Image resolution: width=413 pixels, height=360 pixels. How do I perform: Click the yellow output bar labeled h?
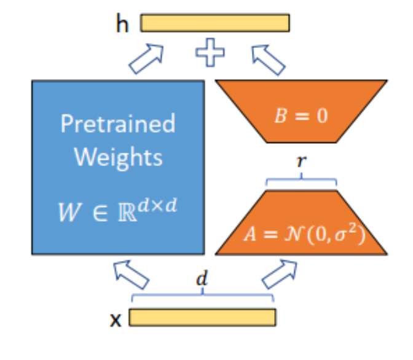point(214,23)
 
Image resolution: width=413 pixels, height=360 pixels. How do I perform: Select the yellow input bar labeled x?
point(202,317)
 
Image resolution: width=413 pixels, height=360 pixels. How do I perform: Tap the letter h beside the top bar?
point(122,24)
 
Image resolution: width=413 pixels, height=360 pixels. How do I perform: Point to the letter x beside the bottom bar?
point(115,319)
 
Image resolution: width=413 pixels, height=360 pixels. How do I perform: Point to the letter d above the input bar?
point(201,280)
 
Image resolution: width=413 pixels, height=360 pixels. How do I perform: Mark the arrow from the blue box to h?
point(147,59)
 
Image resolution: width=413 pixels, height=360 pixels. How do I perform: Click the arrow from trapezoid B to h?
point(269,59)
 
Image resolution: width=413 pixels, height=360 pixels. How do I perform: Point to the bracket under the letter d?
point(202,296)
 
